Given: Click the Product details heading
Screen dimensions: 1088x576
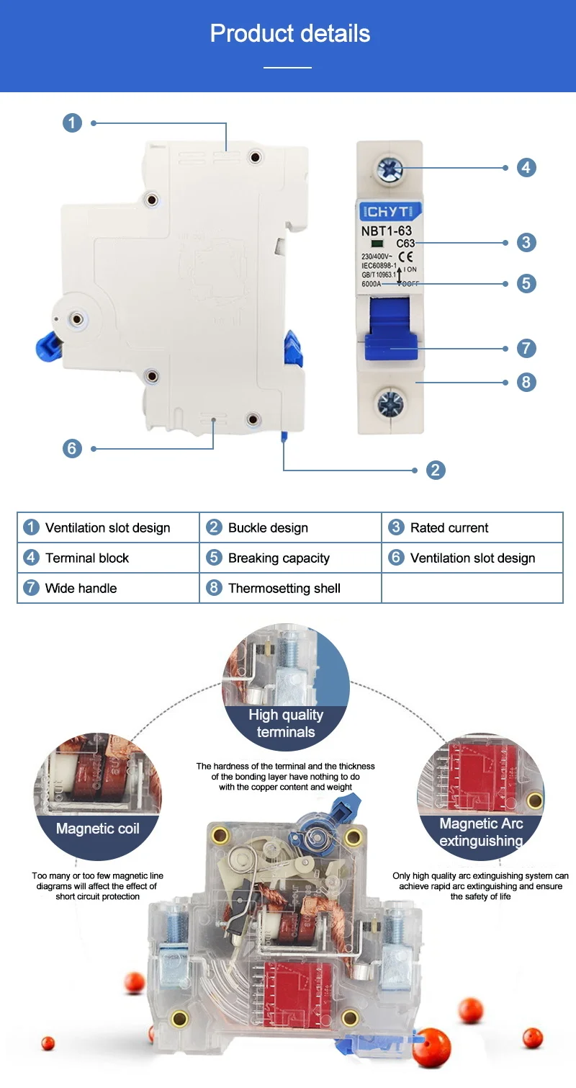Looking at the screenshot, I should (x=289, y=34).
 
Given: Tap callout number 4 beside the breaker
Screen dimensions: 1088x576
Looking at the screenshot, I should (x=526, y=168).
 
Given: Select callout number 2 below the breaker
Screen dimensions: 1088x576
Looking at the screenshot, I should (x=435, y=471).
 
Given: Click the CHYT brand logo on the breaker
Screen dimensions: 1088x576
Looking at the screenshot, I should (x=390, y=212).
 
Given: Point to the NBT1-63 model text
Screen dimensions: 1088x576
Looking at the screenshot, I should (x=387, y=231).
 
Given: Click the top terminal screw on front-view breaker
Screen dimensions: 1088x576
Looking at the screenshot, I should (x=390, y=170).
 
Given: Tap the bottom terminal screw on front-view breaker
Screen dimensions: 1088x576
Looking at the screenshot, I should (x=390, y=404).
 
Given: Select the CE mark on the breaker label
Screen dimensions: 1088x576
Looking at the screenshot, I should (x=405, y=256).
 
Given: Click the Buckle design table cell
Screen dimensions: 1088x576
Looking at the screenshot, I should (x=289, y=527).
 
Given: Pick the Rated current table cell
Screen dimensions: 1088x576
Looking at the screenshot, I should (x=472, y=527).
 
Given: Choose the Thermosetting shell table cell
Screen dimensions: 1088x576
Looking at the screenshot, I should (x=289, y=588).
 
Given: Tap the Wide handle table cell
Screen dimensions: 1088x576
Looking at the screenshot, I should (x=107, y=588).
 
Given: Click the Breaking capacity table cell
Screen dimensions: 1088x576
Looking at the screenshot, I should (x=289, y=558).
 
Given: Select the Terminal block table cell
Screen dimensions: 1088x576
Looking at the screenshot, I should (x=107, y=558).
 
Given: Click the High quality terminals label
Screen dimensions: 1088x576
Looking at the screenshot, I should (x=286, y=723).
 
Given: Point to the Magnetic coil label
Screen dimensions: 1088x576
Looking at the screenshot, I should (x=98, y=829).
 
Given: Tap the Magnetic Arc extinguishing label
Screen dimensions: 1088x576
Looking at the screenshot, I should (x=481, y=832).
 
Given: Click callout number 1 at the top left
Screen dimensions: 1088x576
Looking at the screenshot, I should (x=72, y=123).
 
